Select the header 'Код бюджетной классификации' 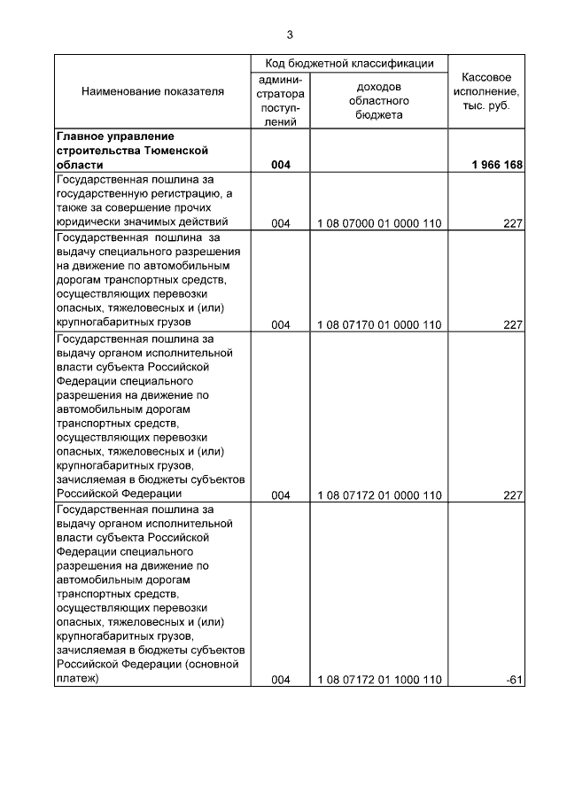tap(351, 64)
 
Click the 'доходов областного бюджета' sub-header tap(379, 101)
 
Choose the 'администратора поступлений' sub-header tap(281, 101)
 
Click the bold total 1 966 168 tap(500, 165)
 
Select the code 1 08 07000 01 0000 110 tap(379, 223)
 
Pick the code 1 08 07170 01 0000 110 tap(379, 324)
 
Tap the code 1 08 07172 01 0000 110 tap(379, 495)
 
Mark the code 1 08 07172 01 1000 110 tap(379, 680)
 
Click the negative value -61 tap(514, 680)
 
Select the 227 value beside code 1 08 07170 tap(513, 324)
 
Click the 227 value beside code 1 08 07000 tap(513, 223)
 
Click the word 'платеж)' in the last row tap(77, 679)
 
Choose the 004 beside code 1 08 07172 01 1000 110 tap(281, 680)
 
